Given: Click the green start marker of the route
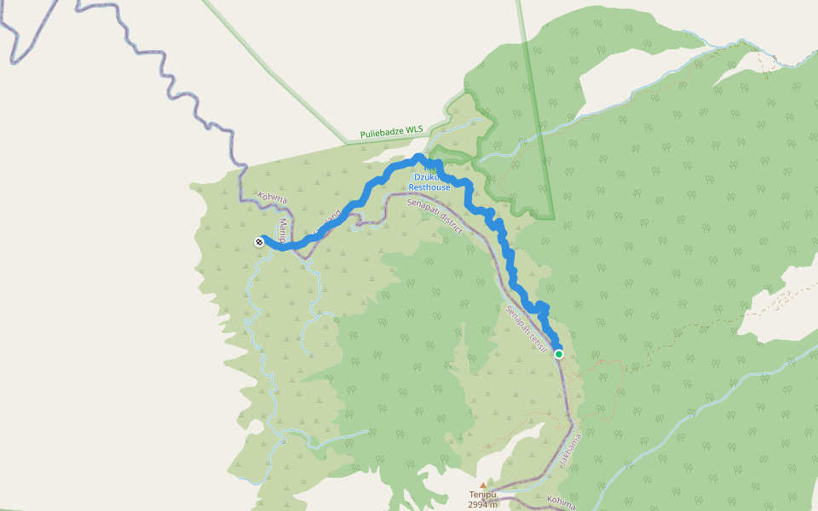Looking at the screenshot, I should [559, 353].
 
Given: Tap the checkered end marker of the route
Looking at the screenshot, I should [258, 242].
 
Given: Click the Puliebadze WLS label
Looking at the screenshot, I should [391, 131].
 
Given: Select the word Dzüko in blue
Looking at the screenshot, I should [429, 177].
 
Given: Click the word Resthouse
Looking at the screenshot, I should [429, 187].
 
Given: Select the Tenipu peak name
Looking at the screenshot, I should [481, 494].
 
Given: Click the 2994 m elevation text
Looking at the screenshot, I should [481, 504].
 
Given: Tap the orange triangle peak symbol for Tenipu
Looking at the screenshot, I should [482, 485].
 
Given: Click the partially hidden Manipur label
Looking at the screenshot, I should [284, 231].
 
